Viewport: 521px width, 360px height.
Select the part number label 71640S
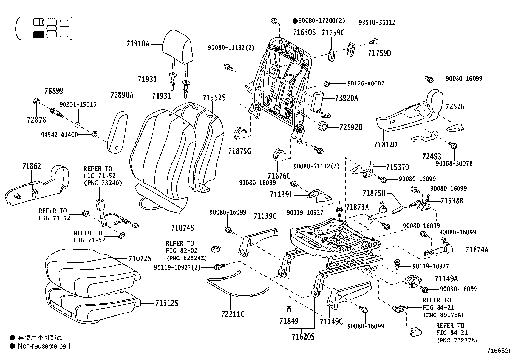[x=304, y=32]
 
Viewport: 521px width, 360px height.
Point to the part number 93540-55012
[x=377, y=23]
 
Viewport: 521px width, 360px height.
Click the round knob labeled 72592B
[x=323, y=126]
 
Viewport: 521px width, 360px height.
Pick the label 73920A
[x=347, y=98]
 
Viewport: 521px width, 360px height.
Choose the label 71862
[x=32, y=166]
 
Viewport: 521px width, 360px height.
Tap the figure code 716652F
[x=498, y=351]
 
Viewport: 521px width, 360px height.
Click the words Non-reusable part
[x=44, y=346]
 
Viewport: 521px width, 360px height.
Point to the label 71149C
[x=331, y=322]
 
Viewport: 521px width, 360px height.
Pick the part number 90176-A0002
[x=366, y=84]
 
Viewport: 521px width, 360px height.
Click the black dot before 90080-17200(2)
[x=295, y=21]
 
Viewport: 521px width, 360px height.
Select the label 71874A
[x=477, y=250]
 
